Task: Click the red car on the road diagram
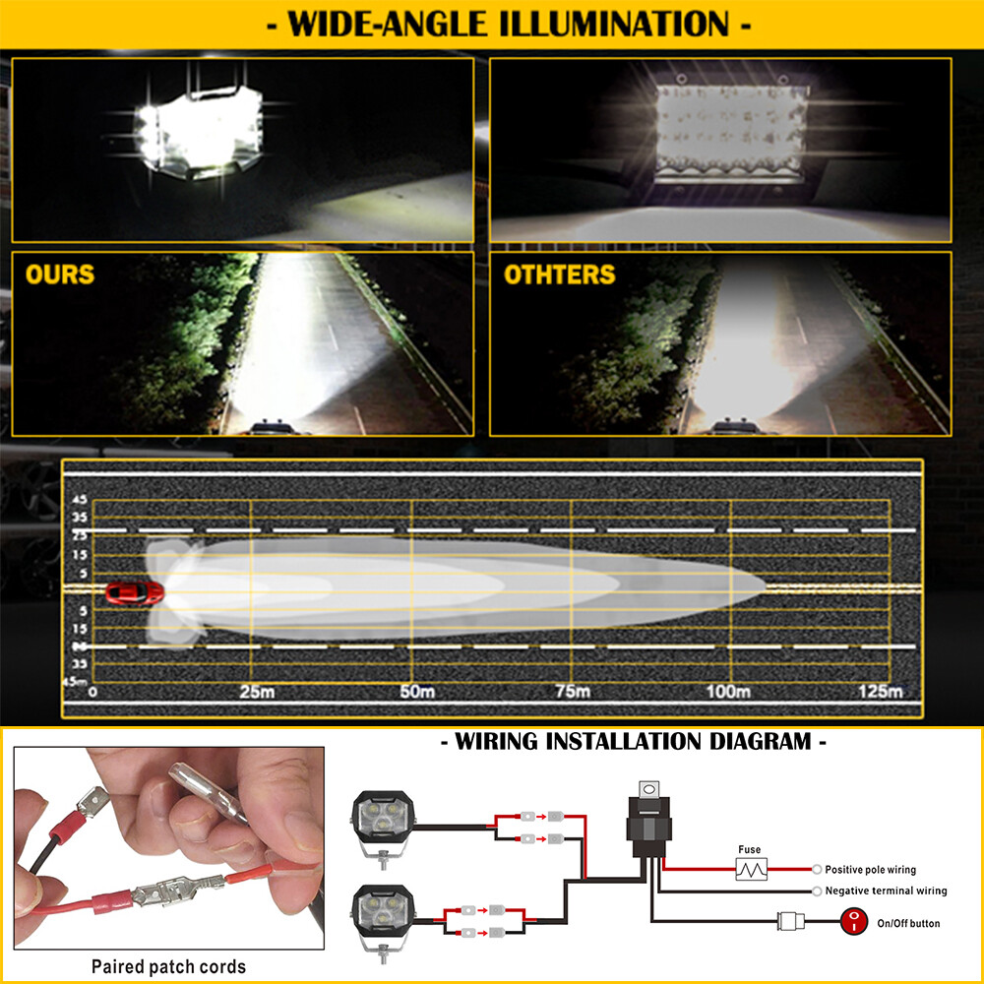click(x=134, y=592)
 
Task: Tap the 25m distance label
click(x=257, y=692)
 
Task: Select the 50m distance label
click(x=417, y=692)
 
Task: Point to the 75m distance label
click(x=573, y=692)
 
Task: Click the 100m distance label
click(x=728, y=692)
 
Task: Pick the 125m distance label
click(x=881, y=692)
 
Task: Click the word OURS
click(x=60, y=275)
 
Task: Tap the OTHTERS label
click(x=560, y=275)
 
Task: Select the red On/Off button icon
click(x=853, y=923)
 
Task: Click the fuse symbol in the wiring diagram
click(x=751, y=869)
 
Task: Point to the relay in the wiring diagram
click(x=648, y=819)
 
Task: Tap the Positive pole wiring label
click(x=871, y=870)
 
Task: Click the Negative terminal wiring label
click(x=887, y=891)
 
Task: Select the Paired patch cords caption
click(x=169, y=966)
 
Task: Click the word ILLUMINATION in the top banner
click(x=614, y=25)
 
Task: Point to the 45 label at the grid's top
click(x=80, y=500)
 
